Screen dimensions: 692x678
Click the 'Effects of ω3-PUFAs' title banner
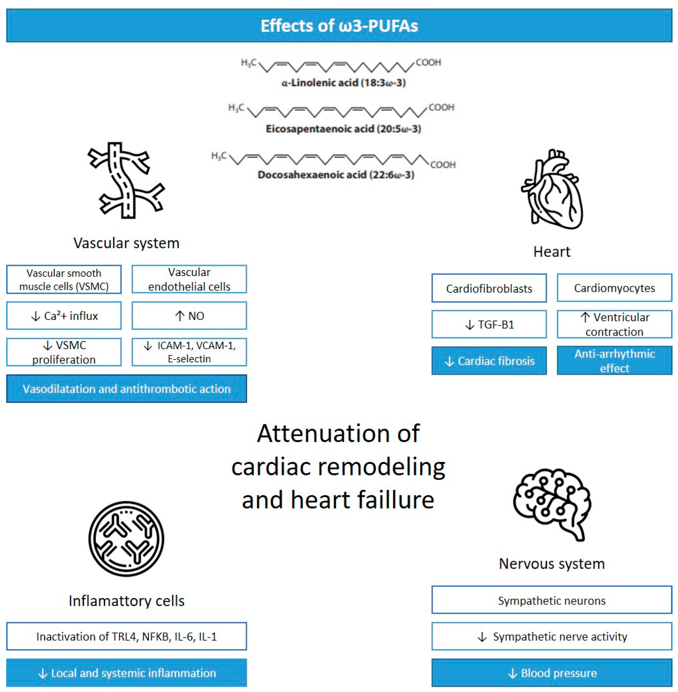click(339, 26)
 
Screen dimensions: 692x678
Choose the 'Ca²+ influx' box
click(64, 316)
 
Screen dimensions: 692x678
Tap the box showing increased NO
click(189, 316)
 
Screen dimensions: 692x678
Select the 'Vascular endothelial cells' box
click(189, 279)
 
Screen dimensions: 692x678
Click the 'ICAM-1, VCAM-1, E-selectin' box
click(189, 352)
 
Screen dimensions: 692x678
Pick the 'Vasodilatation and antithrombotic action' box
click(126, 389)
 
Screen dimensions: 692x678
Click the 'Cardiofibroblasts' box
click(489, 288)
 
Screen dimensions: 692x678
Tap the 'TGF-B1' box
click(489, 324)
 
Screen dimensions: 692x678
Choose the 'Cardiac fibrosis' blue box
click(489, 361)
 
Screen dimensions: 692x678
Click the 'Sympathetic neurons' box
click(552, 600)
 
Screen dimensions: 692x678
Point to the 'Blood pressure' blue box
click(552, 673)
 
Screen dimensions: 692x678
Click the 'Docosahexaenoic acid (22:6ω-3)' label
click(336, 175)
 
